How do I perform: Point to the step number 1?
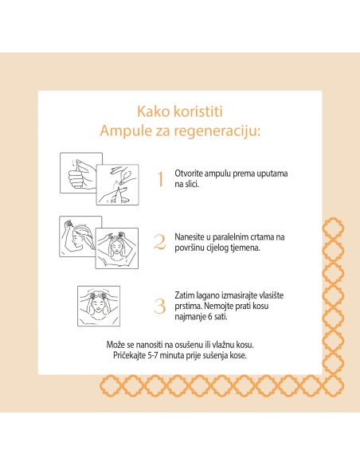click(x=160, y=178)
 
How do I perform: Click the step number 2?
click(x=159, y=241)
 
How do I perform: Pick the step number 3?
click(x=160, y=305)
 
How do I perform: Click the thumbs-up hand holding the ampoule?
click(x=78, y=171)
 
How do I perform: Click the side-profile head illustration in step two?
click(x=78, y=234)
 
